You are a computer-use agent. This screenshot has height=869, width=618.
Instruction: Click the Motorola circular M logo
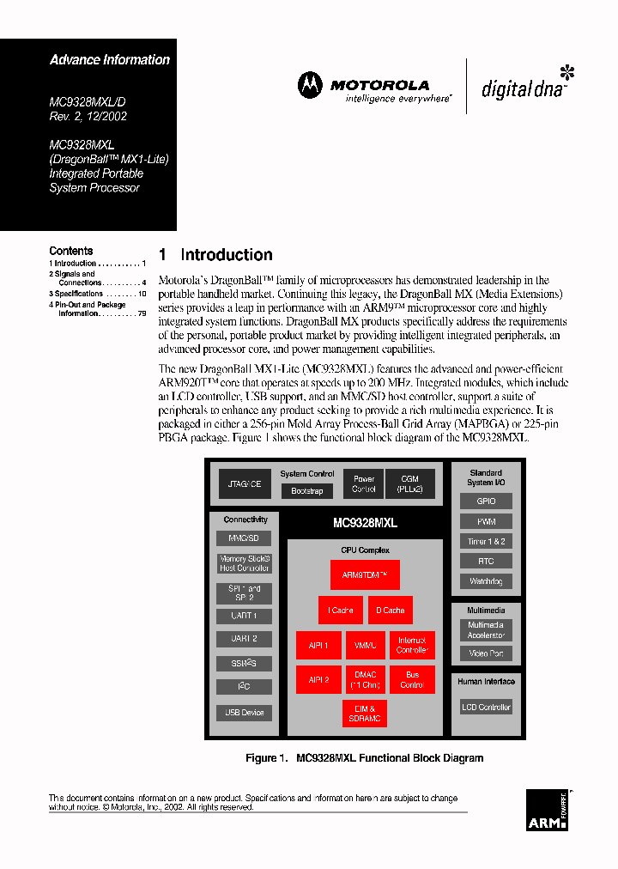coord(310,85)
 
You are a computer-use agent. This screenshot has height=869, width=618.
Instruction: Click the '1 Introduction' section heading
coord(215,255)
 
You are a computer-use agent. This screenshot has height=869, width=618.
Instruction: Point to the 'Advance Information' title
coord(110,60)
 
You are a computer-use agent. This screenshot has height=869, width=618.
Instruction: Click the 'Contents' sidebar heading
coord(70,252)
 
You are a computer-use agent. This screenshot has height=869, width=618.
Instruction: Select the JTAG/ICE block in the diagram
coord(245,484)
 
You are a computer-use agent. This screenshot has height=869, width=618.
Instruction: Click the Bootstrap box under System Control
coord(307,491)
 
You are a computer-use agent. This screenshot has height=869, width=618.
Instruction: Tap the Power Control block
coord(364,484)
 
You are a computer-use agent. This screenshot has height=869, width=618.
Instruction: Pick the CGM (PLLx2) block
coord(409,484)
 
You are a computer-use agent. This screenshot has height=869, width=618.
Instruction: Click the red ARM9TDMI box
coord(365,574)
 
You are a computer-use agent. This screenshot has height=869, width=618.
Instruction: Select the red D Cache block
coord(391,611)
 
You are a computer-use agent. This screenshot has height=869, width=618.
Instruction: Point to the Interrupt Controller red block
coord(412,645)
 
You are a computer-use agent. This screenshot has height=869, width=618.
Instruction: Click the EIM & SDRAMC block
coord(365,714)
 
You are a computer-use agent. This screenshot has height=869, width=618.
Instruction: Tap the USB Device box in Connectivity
coord(245,713)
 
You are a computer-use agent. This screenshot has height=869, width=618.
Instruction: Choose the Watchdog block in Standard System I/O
coord(486,581)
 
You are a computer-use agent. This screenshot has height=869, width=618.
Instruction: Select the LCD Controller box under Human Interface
coord(486,708)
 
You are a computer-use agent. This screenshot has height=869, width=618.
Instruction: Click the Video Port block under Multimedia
coord(486,653)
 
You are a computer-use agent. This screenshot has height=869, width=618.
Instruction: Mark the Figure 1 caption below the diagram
coord(364,758)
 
